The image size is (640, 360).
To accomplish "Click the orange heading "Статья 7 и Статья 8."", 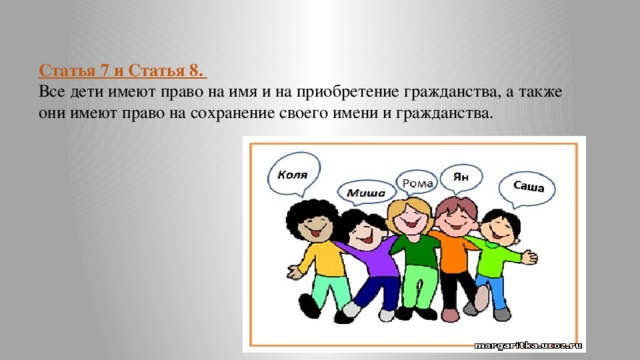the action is [122, 71].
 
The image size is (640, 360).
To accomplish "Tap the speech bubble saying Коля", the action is [293, 174].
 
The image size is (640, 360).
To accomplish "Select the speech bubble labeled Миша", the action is [366, 192].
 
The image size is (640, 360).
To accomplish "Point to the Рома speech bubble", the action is [417, 183].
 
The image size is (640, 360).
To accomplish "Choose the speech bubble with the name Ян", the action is [461, 178].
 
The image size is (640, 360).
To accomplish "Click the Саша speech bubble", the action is [527, 189].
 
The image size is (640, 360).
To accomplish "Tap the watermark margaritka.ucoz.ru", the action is [528, 346].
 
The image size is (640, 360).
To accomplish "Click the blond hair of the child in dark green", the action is [409, 211].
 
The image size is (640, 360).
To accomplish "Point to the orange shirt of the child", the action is [452, 252].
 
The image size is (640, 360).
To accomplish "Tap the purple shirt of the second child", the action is [371, 255].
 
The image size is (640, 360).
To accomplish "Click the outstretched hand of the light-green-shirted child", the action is [529, 257].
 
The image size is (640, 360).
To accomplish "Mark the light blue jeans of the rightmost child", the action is [494, 290].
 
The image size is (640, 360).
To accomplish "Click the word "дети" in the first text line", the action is [86, 92].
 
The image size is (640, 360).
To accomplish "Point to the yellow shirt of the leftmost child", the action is [322, 260].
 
